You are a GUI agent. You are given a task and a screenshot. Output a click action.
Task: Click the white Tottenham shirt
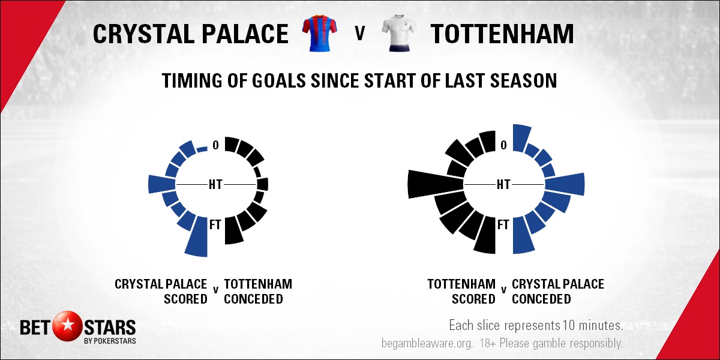tap(400, 34)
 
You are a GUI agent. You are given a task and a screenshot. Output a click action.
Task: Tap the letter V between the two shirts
tap(360, 33)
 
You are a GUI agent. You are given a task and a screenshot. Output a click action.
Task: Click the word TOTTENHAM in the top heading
tap(502, 34)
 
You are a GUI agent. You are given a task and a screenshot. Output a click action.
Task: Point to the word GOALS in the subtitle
tap(278, 80)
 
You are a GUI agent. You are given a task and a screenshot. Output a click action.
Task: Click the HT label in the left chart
tap(215, 185)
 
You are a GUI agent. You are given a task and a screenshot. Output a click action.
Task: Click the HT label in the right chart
tap(503, 185)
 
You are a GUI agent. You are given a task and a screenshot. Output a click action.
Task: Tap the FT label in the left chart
tap(215, 224)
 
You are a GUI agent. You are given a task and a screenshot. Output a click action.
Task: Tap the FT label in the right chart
tap(503, 224)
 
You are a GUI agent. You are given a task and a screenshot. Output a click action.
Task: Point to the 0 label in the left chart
tap(215, 145)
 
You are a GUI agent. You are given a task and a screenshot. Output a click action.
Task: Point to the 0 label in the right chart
tap(503, 145)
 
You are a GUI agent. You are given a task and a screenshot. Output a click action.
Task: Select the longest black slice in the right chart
tap(436, 184)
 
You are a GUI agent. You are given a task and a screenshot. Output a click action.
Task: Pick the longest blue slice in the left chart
tap(197, 237)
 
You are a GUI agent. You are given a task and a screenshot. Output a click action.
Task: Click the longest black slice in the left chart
tap(233, 230)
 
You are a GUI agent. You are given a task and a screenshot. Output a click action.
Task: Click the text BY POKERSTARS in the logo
tap(110, 341)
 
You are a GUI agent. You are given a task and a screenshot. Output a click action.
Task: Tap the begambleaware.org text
tap(427, 343)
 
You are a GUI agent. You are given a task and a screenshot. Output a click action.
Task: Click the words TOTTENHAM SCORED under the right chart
tap(461, 292)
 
